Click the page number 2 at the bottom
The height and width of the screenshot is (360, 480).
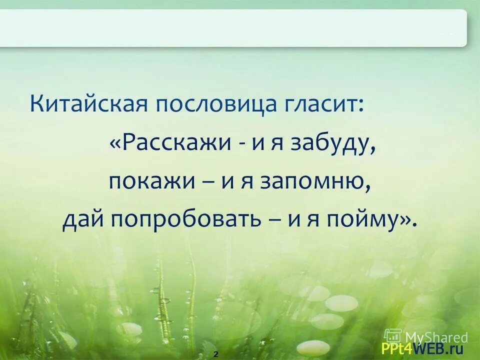pos(216,354)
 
